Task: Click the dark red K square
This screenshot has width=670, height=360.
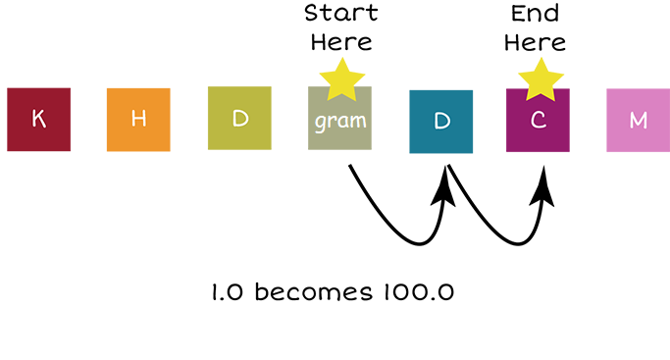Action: (38, 120)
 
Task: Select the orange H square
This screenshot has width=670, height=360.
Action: (138, 120)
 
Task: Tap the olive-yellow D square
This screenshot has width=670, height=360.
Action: (239, 119)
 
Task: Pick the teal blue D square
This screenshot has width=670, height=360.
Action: (440, 122)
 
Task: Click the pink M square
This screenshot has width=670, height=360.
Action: (638, 120)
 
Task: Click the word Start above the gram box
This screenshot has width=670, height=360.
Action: (340, 14)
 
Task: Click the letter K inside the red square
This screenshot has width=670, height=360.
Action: (38, 120)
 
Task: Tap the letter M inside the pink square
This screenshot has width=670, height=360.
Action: (638, 120)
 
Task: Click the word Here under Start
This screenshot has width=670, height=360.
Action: (340, 42)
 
